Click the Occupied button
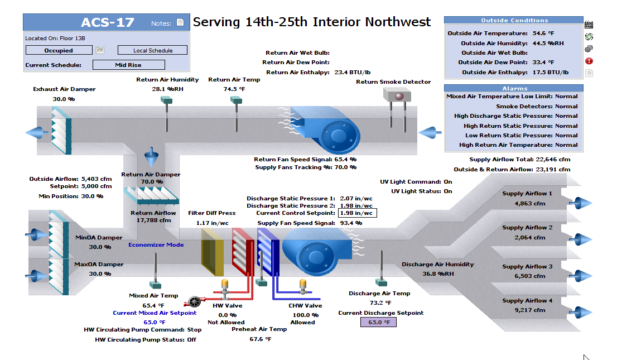pos(59,50)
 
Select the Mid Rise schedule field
pos(129,65)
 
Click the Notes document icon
pos(180,22)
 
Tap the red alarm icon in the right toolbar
pos(589,61)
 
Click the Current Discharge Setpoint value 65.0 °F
pos(379,322)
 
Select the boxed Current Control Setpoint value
pos(357,213)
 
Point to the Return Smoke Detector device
pos(397,108)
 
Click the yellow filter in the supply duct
pos(212,252)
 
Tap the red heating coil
pos(243,252)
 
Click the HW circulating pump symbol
pos(194,302)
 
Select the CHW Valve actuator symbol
pos(302,287)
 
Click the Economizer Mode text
pos(156,244)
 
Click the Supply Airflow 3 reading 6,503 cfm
pos(529,276)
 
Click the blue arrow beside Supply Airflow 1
pos(580,203)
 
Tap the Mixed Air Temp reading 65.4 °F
pos(153,306)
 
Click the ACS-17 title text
pos(108,22)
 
